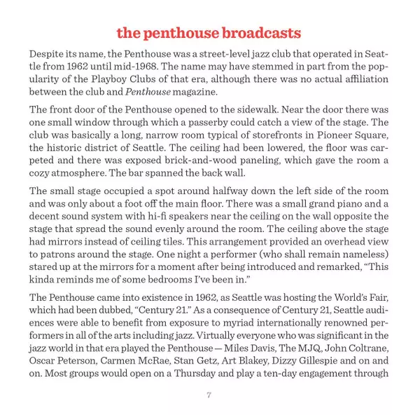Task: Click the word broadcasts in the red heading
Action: point(260,33)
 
